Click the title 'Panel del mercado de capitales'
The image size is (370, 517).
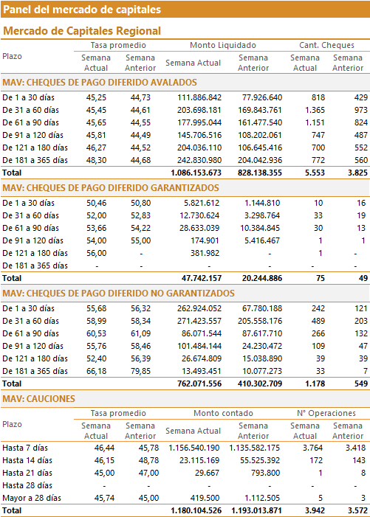(x=82, y=10)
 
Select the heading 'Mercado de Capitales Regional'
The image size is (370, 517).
(x=82, y=31)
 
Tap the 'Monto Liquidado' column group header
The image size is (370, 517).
(x=223, y=45)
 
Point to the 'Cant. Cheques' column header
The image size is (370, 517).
(x=326, y=45)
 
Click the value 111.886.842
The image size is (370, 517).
(x=199, y=97)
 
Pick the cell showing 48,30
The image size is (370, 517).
(x=97, y=160)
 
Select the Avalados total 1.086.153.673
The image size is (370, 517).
(x=196, y=173)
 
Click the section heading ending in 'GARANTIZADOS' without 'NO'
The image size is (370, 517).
(x=111, y=188)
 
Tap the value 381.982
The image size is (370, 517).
(x=205, y=253)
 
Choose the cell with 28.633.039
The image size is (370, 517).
(x=199, y=228)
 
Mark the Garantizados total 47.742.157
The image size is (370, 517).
(x=202, y=278)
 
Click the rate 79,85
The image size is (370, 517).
(x=140, y=371)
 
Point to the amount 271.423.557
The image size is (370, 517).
(x=199, y=321)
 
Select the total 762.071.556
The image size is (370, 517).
(x=199, y=384)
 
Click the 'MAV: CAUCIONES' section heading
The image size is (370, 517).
(x=38, y=399)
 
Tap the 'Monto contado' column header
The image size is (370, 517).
(x=223, y=413)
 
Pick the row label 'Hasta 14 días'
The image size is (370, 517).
(x=27, y=461)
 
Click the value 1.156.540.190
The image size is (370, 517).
(x=194, y=448)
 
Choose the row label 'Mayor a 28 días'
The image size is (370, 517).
(x=32, y=498)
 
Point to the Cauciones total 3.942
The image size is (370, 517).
(x=315, y=511)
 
